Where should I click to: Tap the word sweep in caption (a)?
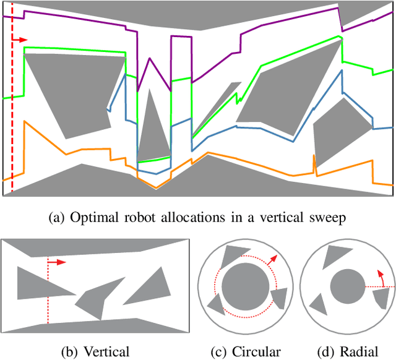[329, 217]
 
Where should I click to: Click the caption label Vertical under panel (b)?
[105, 352]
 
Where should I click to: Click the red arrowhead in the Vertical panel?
[61, 262]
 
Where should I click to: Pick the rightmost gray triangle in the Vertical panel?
[148, 287]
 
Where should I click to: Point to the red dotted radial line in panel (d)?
[373, 286]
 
